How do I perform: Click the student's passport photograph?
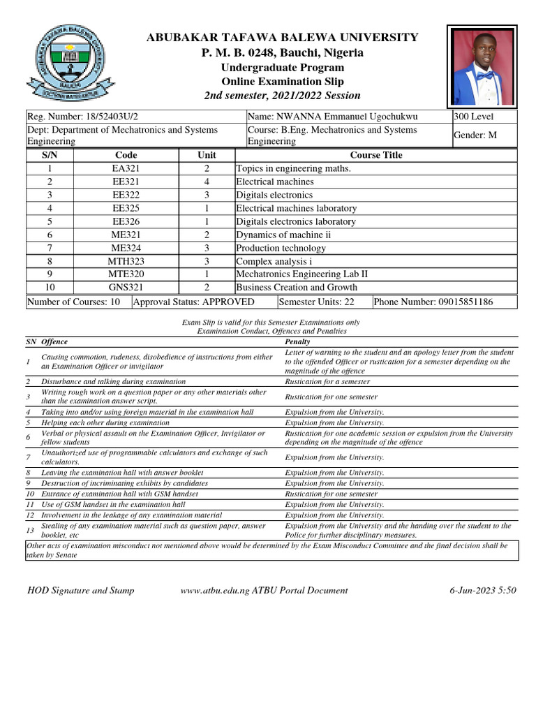[482, 66]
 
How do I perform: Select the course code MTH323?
[126, 261]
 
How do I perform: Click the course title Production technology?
[281, 248]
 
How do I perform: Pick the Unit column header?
[207, 155]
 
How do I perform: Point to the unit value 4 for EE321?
[207, 182]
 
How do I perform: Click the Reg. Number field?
[87, 117]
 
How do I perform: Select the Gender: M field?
[475, 135]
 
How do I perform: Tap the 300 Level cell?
[474, 117]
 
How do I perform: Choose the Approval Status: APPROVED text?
[193, 302]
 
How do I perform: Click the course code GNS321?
[126, 287]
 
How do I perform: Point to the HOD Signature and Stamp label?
[80, 590]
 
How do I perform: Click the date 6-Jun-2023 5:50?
[483, 590]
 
